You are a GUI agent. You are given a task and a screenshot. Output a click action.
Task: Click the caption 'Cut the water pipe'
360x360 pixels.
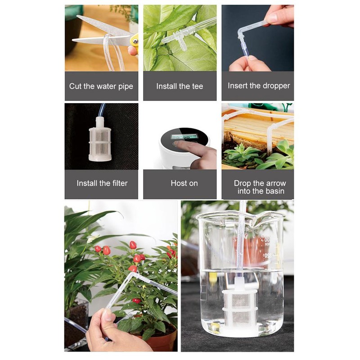(x=101, y=86)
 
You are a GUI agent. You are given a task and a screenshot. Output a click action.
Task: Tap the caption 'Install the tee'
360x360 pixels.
(x=180, y=86)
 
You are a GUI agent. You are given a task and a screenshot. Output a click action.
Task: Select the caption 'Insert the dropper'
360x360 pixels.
(x=259, y=86)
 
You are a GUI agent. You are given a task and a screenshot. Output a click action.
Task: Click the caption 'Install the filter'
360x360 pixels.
(x=102, y=183)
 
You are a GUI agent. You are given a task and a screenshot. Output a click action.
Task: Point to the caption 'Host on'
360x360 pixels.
(x=184, y=183)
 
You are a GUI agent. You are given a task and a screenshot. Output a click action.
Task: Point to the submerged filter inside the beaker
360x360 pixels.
(x=240, y=306)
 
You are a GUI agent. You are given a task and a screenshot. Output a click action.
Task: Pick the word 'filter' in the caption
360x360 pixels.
(x=118, y=183)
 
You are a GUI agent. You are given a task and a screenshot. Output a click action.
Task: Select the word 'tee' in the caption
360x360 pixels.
(x=196, y=86)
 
